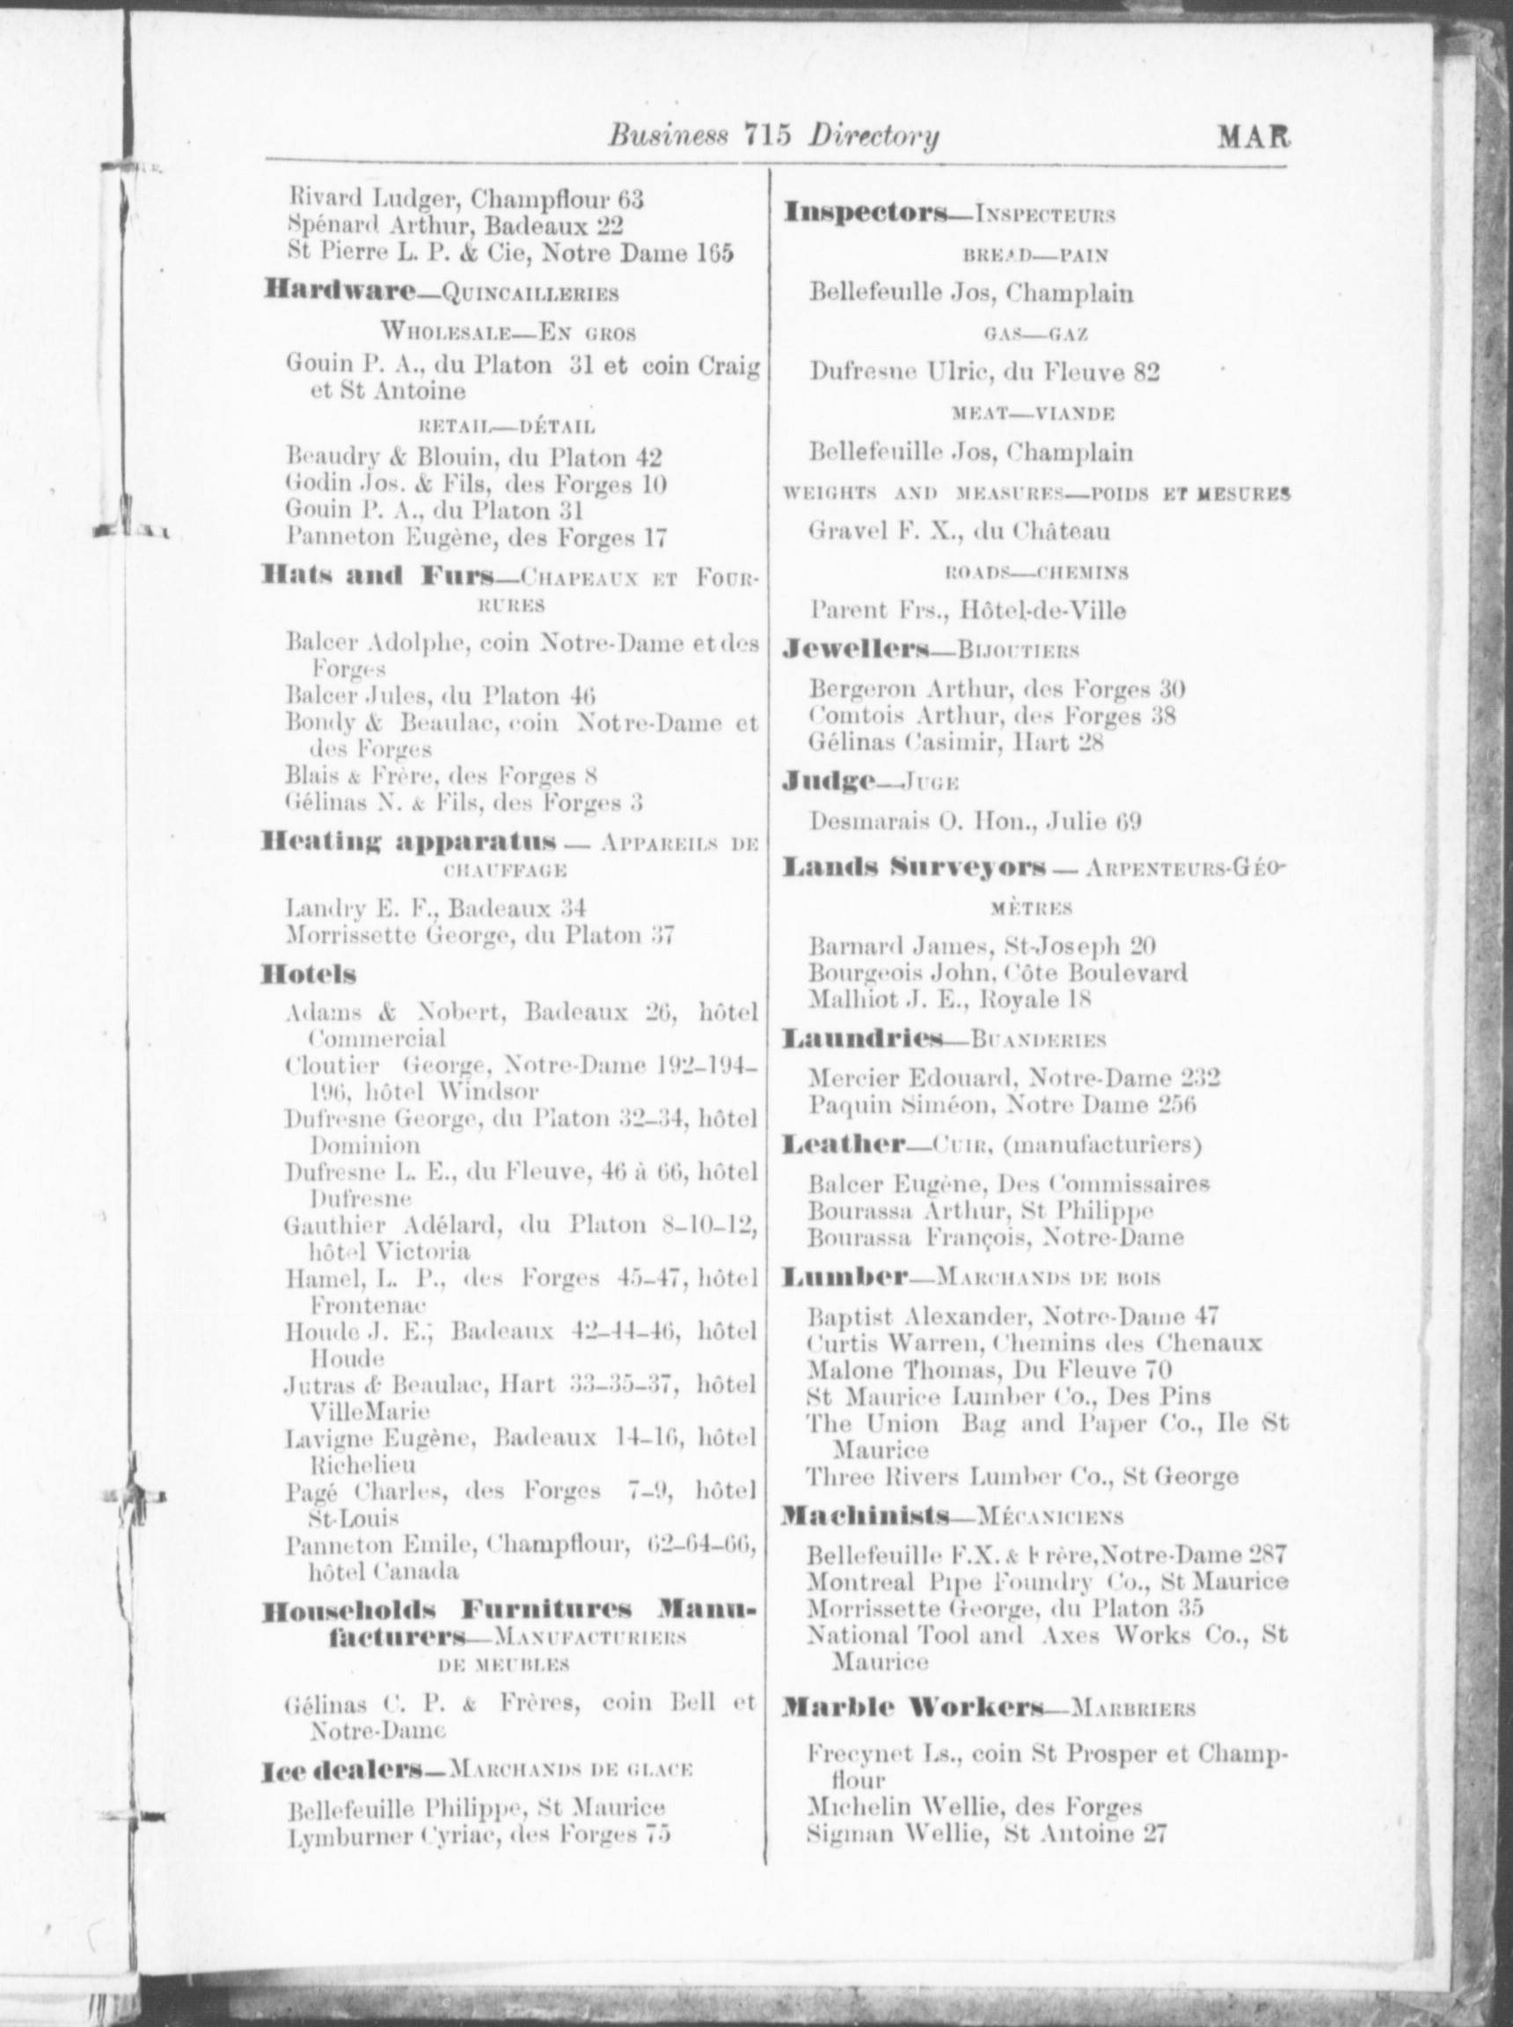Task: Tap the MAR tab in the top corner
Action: point(1252,137)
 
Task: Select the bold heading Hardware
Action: point(339,291)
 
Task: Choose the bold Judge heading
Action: point(829,780)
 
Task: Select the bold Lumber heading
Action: point(844,1276)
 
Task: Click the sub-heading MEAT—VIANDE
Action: point(1033,414)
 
